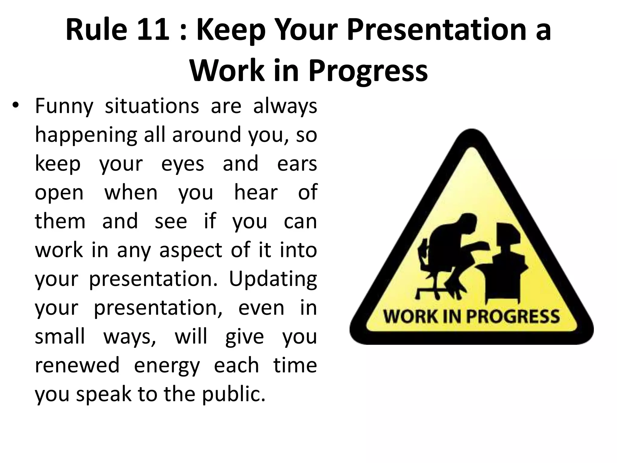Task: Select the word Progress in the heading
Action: tap(368, 71)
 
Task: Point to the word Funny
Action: tap(64, 107)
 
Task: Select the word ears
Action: tap(297, 163)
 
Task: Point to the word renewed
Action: tap(77, 365)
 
